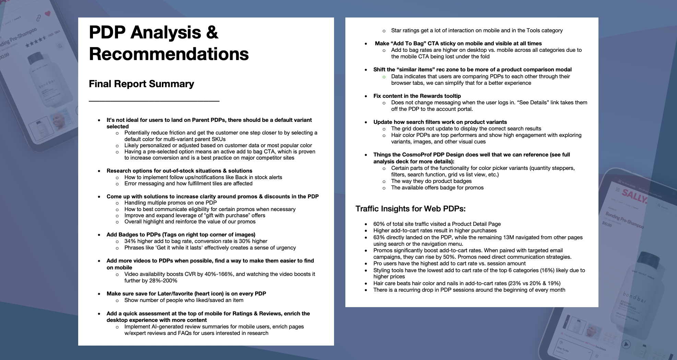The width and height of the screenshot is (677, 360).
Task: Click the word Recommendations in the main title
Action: click(169, 54)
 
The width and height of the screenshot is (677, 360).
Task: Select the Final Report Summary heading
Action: click(141, 84)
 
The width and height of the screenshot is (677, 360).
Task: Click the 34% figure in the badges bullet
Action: click(130, 241)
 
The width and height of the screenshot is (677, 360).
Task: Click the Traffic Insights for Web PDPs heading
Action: click(410, 209)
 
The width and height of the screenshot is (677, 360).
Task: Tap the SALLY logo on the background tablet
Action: click(634, 196)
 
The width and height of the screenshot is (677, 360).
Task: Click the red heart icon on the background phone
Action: click(47, 13)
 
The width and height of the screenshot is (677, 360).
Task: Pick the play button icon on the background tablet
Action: click(626, 344)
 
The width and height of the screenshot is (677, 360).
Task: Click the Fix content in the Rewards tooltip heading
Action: click(417, 96)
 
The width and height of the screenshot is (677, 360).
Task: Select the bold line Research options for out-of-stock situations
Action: click(179, 171)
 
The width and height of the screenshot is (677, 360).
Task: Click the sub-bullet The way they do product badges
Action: click(431, 181)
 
